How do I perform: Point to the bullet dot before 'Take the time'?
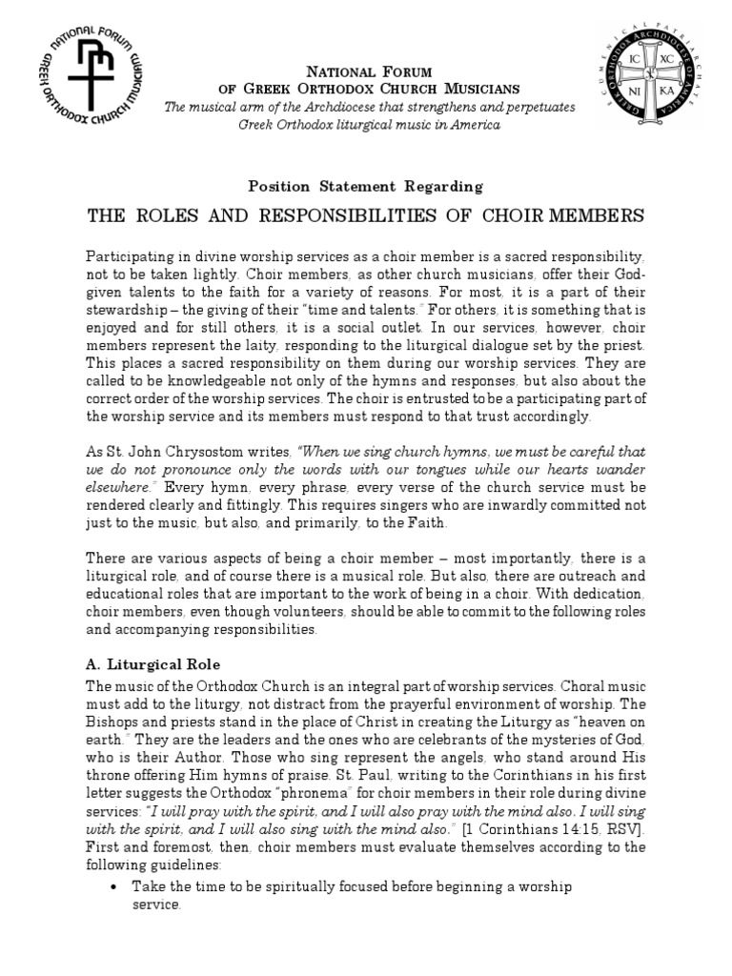114,887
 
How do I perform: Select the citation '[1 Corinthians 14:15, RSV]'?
565,829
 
